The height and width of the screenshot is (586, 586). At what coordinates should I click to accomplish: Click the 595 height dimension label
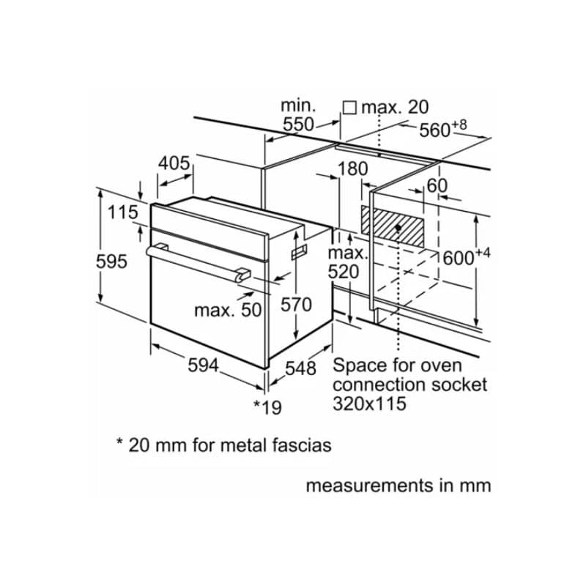[112, 261]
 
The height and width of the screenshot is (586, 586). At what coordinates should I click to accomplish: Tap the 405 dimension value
[174, 163]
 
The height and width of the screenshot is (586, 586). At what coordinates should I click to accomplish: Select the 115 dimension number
[122, 212]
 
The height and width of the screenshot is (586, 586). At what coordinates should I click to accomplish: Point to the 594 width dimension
[201, 365]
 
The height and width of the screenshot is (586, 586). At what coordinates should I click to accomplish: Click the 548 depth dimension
[300, 368]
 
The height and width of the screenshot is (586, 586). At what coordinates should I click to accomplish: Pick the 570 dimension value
[296, 304]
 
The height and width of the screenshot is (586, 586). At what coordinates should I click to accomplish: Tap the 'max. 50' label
[227, 310]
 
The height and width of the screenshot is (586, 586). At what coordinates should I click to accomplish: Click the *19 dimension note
[267, 407]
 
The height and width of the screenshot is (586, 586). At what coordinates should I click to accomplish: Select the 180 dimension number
[352, 168]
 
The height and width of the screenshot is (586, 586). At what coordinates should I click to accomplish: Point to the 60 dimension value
[437, 185]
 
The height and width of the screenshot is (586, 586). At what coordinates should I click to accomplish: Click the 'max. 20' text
[395, 107]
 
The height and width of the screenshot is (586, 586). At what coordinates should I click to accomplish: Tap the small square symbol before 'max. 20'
[350, 107]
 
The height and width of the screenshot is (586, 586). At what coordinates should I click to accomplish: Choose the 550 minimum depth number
[299, 125]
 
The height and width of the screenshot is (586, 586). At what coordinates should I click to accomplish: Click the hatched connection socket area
[392, 226]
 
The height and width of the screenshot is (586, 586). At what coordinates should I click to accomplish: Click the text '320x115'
[369, 404]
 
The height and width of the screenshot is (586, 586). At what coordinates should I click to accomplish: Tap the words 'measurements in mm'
[398, 485]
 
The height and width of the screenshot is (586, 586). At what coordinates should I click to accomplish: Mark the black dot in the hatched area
[397, 227]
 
